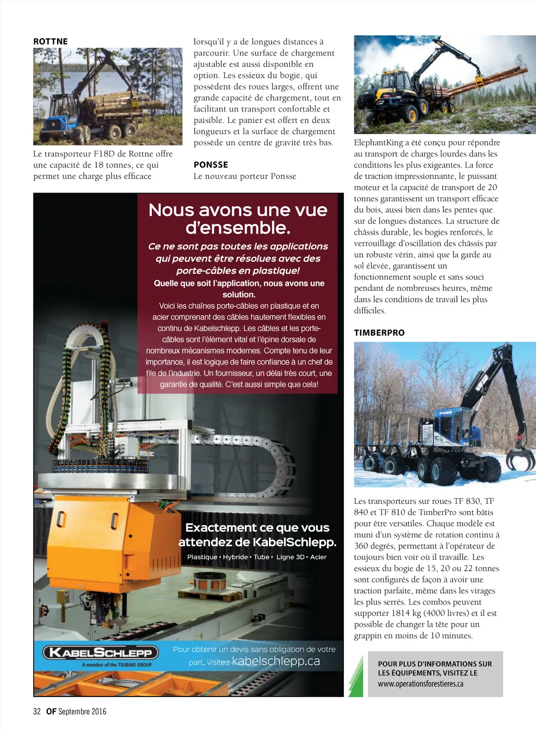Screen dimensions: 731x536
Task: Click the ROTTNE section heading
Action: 50,41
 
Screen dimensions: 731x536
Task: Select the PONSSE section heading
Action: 210,164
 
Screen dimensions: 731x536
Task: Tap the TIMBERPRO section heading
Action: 379,332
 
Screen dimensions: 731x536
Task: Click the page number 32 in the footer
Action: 37,711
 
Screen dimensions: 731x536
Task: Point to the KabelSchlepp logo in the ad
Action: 100,653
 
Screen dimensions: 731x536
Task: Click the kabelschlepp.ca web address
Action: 276,661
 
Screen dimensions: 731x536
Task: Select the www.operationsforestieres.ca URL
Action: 420,684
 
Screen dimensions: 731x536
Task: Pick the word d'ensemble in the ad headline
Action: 238,228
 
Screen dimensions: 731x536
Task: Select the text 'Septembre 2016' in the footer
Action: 82,711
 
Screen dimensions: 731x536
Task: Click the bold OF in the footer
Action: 51,711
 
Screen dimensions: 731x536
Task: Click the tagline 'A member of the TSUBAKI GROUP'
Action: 117,665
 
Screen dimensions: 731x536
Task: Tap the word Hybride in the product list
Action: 235,557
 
